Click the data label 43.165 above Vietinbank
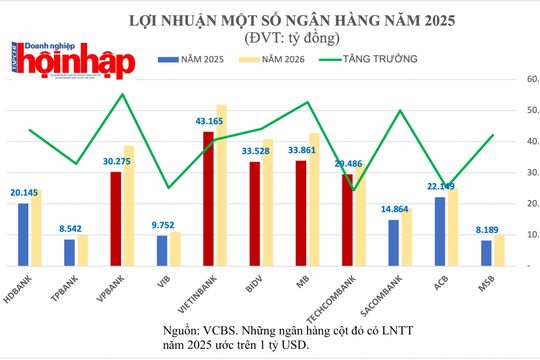pos(207,121)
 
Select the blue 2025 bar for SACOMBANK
pos(394,241)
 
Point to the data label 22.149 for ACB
pos(439,187)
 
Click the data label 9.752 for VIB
pos(161,226)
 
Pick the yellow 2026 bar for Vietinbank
pos(220,184)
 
